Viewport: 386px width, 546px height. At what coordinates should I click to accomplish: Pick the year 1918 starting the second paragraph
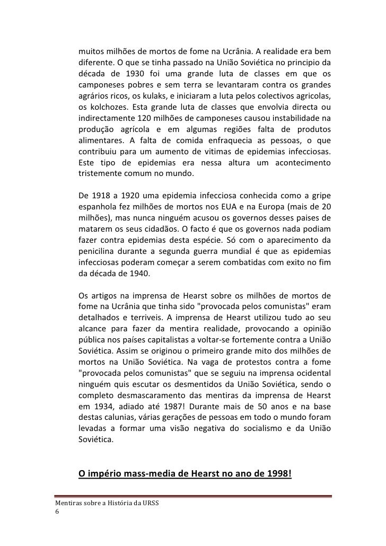pyautogui.click(x=107, y=195)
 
